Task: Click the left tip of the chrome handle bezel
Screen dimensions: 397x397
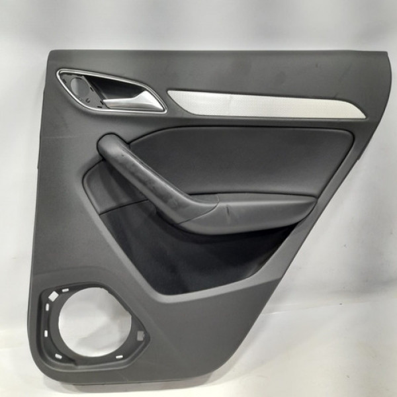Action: (60, 74)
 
